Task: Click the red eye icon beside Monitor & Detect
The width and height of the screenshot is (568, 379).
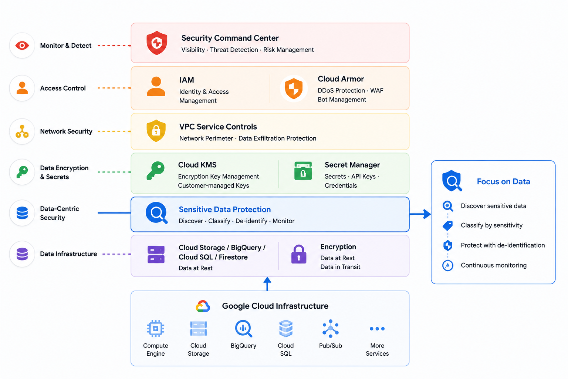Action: tap(22, 46)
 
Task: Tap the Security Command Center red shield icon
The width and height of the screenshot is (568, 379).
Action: tap(157, 43)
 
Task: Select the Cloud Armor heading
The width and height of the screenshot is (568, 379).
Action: tap(341, 79)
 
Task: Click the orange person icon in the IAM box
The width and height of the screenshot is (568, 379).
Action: tap(156, 86)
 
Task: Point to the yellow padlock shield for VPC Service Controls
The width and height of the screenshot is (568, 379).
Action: tap(156, 131)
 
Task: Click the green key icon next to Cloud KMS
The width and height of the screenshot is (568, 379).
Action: tap(155, 171)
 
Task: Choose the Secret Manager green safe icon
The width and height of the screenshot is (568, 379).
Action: tap(303, 171)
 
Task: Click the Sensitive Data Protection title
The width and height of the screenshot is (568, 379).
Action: tap(225, 209)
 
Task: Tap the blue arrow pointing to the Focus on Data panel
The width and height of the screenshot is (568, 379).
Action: tap(420, 214)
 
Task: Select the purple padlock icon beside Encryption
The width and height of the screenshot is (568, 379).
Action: tap(299, 254)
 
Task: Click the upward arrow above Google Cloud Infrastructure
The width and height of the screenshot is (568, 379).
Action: tap(267, 284)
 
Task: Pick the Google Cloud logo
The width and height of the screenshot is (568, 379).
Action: tap(203, 306)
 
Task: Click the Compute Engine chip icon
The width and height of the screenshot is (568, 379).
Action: tap(156, 329)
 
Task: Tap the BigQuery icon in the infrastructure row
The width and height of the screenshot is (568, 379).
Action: tap(243, 329)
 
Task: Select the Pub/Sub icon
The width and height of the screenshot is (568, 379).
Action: tap(330, 329)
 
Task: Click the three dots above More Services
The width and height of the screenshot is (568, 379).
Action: tap(377, 329)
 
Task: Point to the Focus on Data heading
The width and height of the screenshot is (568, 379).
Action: tap(503, 181)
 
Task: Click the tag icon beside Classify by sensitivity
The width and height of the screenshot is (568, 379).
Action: tap(448, 225)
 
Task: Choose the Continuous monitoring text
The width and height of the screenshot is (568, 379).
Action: tap(494, 265)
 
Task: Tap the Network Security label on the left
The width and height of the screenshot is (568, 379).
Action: tap(66, 131)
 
